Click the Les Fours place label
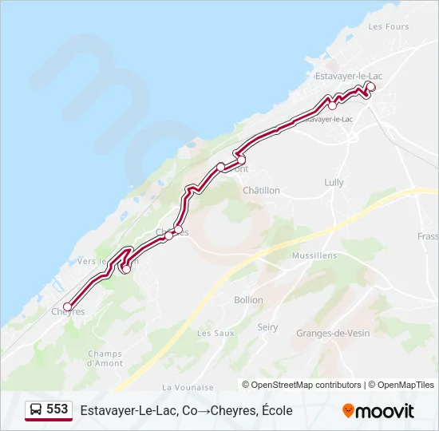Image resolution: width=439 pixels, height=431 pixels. [389, 26]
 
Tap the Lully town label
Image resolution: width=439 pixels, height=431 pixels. [334, 183]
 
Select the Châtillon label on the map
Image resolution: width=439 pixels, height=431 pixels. [261, 191]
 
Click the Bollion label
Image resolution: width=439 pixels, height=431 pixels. [248, 300]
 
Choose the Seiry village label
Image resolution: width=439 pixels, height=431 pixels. [267, 327]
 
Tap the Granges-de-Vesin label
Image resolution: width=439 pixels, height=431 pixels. [333, 333]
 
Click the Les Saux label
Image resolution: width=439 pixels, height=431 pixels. [210, 333]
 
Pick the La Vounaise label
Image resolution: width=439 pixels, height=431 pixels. [184, 387]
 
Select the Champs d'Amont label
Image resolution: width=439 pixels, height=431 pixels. [105, 358]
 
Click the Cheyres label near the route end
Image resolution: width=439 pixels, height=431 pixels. [69, 312]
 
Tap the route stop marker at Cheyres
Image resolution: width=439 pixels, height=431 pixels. [68, 306]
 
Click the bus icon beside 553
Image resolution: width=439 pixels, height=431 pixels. [36, 409]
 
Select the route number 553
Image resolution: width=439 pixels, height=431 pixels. [57, 409]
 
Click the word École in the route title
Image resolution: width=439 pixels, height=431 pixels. [276, 410]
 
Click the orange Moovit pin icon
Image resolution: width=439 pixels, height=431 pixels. [348, 411]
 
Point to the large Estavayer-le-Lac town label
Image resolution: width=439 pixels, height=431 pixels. [349, 76]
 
